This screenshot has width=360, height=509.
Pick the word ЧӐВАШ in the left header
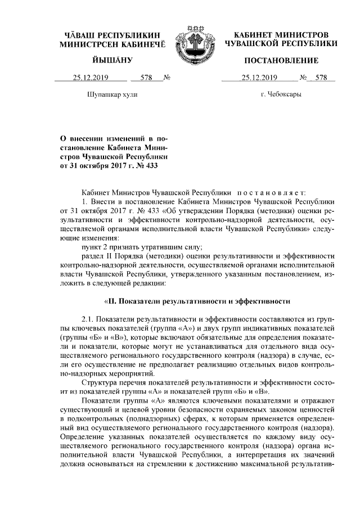point(77,34)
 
